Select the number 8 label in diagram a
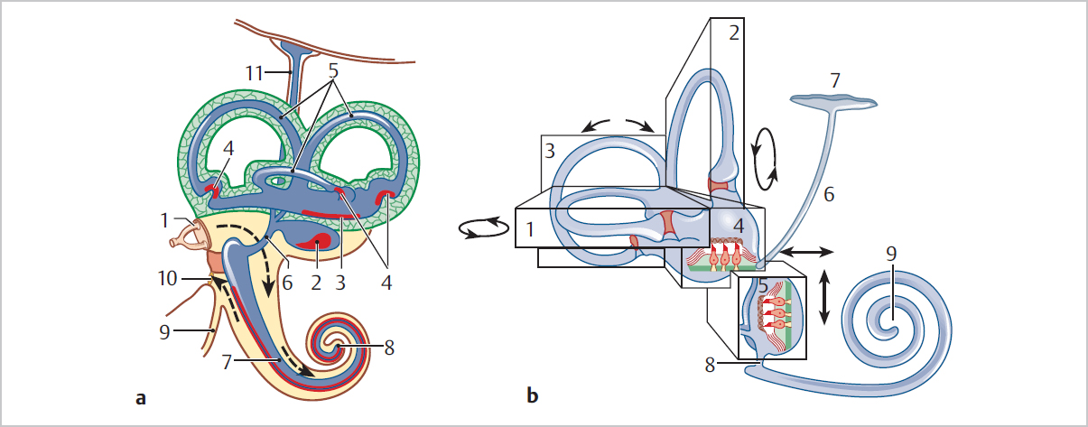[x=389, y=348]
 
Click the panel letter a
[x=138, y=395]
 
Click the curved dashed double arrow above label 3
[x=616, y=126]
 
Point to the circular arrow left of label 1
[x=481, y=230]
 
